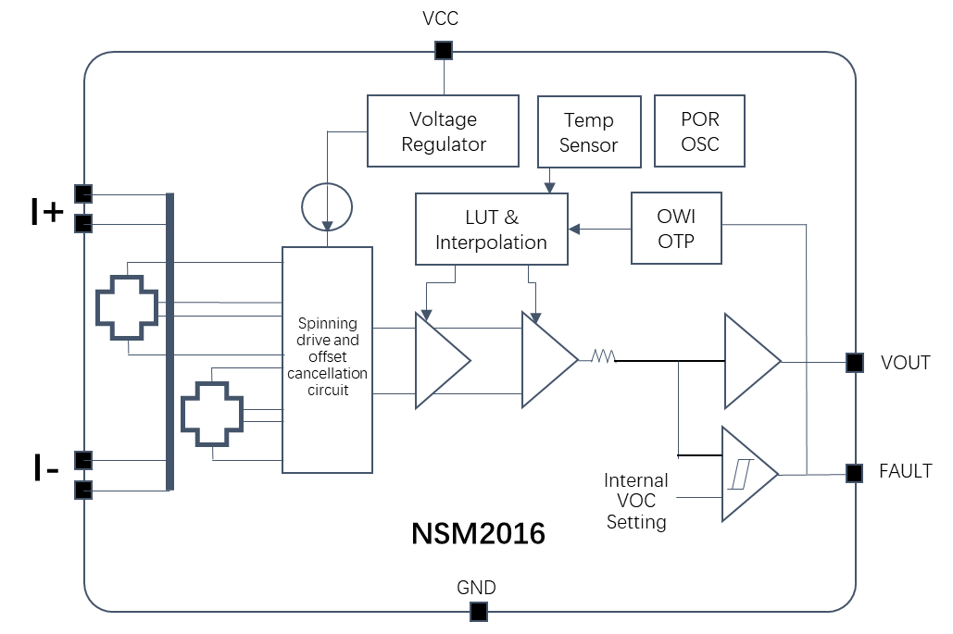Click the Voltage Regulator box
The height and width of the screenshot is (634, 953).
444,131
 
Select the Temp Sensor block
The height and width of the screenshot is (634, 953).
588,132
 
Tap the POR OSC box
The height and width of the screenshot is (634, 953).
699,131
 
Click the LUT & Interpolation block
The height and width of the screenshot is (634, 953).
491,230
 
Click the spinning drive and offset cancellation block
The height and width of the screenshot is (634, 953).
327,359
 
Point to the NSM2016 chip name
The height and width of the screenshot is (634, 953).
478,534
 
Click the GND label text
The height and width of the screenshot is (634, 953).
476,588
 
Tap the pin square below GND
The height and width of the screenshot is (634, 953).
478,611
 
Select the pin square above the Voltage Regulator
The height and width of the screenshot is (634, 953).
444,50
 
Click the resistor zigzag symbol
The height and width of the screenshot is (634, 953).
604,355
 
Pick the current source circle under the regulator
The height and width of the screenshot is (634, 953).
327,206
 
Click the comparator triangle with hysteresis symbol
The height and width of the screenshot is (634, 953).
746,475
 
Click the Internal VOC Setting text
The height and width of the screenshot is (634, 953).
636,501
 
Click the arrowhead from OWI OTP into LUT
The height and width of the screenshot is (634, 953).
572,228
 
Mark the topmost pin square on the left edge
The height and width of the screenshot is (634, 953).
83,193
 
